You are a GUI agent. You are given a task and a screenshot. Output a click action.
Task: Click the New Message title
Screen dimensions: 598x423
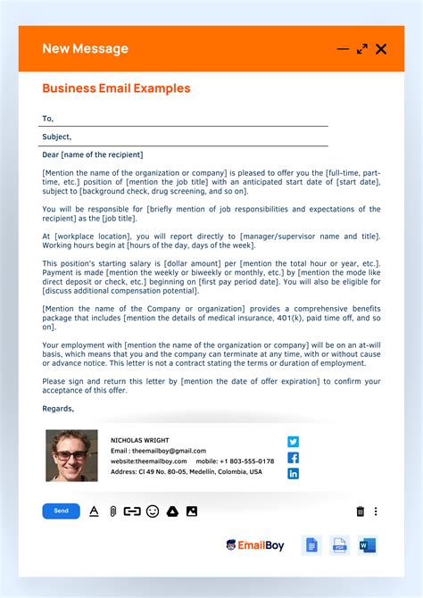pos(85,49)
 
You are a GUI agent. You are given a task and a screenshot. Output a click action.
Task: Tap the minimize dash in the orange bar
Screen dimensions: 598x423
pos(343,49)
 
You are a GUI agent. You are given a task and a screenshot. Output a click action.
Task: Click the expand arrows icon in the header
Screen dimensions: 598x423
pos(362,49)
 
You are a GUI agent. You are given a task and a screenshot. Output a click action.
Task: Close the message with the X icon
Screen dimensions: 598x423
pos(381,49)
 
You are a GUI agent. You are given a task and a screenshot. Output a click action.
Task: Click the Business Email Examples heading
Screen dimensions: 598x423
pos(116,88)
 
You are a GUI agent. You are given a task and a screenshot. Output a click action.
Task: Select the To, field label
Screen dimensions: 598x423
pos(48,118)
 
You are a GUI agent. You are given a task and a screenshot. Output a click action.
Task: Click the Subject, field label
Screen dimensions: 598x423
pos(56,137)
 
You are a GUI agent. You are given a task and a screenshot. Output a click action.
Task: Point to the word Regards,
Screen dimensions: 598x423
pos(58,408)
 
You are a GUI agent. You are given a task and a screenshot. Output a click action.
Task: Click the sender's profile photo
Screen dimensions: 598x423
pos(71,457)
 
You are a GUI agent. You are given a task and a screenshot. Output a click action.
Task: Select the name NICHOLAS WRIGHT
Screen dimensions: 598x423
pos(141,440)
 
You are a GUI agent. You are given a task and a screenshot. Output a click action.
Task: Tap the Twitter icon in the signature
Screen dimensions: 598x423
pos(293,441)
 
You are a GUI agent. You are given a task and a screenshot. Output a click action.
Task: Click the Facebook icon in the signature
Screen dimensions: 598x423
pos(293,457)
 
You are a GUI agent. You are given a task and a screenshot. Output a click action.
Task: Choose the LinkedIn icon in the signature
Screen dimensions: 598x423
pos(293,473)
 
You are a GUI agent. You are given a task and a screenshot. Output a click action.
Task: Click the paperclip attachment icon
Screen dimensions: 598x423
pos(113,511)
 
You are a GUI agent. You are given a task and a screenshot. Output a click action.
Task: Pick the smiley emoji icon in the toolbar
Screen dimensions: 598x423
pos(153,511)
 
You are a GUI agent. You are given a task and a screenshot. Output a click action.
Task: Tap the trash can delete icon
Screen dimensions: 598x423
pos(361,511)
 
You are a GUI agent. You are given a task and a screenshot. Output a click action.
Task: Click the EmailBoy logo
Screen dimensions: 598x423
pos(254,544)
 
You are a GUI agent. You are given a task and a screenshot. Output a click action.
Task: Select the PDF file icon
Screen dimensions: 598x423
pos(339,544)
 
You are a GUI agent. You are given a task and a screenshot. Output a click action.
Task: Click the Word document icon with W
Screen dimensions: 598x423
pos(368,544)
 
